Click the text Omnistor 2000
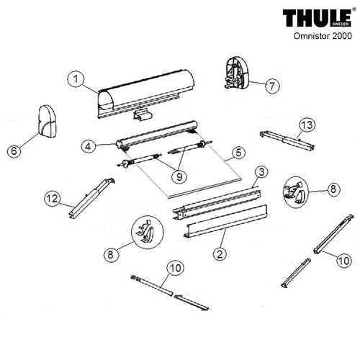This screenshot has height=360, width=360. click(x=323, y=36)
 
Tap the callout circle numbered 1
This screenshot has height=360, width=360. click(x=76, y=79)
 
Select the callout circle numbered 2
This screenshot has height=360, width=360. click(x=220, y=253)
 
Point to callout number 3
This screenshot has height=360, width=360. click(x=261, y=171)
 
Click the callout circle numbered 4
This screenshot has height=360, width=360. click(x=89, y=146)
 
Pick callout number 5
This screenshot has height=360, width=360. click(x=238, y=153)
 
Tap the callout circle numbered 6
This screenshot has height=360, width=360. click(x=14, y=151)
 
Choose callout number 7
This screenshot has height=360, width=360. click(x=272, y=86)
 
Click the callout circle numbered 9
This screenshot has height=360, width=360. click(x=179, y=176)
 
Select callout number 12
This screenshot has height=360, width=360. click(x=53, y=199)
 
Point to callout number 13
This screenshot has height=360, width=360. click(x=307, y=125)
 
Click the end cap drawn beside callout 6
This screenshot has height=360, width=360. click(x=47, y=121)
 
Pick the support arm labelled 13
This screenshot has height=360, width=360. click(x=287, y=141)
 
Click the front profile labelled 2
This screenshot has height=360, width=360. click(x=225, y=221)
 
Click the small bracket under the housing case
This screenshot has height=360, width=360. click(x=143, y=115)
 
